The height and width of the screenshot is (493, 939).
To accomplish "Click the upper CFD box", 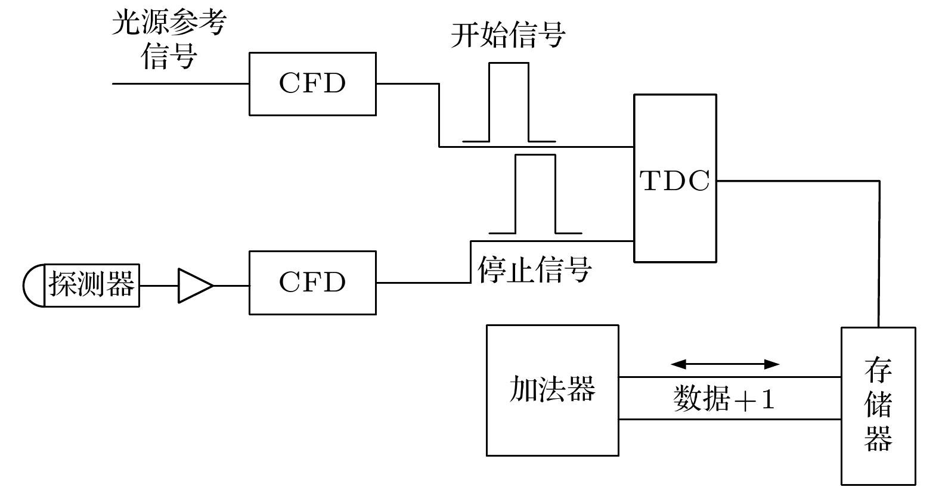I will pos(312,84).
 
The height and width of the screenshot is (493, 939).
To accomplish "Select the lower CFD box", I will pos(312,283).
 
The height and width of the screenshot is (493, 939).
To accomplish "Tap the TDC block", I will pos(675,178).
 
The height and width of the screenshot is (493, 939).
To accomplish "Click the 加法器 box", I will pos(552,390).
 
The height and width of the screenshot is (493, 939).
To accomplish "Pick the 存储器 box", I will pos(878,405).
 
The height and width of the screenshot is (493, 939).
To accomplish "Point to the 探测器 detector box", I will pos(92,286).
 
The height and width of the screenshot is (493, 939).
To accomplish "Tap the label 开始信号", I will pos(507,35).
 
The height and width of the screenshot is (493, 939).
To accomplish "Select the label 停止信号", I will pos(534,269).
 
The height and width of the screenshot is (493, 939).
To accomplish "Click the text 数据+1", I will pos(724,399).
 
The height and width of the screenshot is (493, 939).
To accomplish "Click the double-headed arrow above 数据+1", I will pos(725,364).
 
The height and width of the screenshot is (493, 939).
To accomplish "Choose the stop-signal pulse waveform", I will pos(535,194).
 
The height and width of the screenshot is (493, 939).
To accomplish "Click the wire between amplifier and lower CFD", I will pos(231,286).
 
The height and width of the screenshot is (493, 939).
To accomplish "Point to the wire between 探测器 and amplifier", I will pos(159,286).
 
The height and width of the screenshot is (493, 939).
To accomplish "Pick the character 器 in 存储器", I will pos(878,438).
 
